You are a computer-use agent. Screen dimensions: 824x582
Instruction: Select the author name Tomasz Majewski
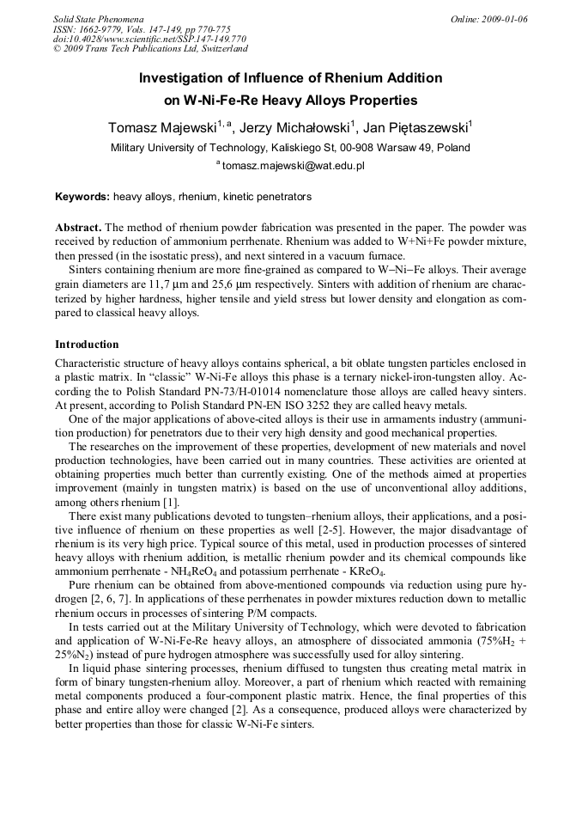coord(161,128)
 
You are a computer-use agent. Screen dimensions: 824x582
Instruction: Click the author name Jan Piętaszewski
coord(415,128)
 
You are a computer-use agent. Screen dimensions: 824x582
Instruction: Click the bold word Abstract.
coord(78,228)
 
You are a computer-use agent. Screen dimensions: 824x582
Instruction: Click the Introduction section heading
coord(87,345)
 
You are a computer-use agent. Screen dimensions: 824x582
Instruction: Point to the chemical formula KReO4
coord(367,572)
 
